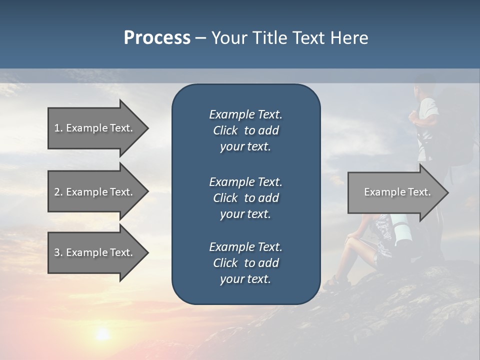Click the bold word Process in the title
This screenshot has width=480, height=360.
[x=157, y=38]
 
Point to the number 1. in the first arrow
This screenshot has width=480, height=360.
[x=58, y=128]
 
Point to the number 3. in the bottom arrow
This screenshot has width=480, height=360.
[x=58, y=252]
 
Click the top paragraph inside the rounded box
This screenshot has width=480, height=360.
[x=245, y=130]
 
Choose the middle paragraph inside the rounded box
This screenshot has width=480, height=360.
[x=245, y=198]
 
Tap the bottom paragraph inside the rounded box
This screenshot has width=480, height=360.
[x=245, y=263]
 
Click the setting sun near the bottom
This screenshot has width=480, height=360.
[x=103, y=333]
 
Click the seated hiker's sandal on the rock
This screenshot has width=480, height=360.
[x=331, y=285]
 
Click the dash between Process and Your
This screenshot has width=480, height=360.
[x=200, y=38]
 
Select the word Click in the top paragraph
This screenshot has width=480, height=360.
[x=225, y=130]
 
